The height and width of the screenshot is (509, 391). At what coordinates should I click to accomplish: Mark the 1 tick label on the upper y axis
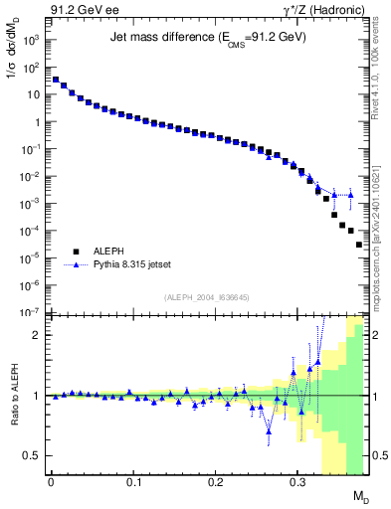coord(36,122)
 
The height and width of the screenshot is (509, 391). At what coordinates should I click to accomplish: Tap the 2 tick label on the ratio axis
coord(37,335)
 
